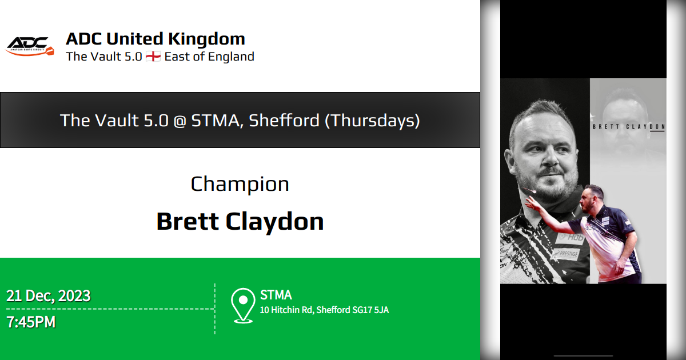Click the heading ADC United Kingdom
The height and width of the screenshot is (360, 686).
[x=155, y=39]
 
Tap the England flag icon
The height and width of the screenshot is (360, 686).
[x=153, y=57]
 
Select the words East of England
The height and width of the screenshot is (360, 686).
[x=209, y=57]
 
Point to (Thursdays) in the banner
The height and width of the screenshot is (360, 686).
[x=372, y=121]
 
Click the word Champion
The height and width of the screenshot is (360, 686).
[x=240, y=184]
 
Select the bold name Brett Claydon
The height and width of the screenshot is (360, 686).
[x=240, y=221]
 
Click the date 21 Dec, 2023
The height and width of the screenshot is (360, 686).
[x=49, y=296]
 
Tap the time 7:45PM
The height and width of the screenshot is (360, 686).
[x=31, y=322]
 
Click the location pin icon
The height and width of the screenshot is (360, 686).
[x=244, y=304]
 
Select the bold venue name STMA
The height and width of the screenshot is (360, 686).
[x=276, y=295]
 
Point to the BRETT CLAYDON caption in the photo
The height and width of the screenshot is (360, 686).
[x=628, y=126]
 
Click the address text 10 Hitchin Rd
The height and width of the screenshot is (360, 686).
[x=286, y=310]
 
